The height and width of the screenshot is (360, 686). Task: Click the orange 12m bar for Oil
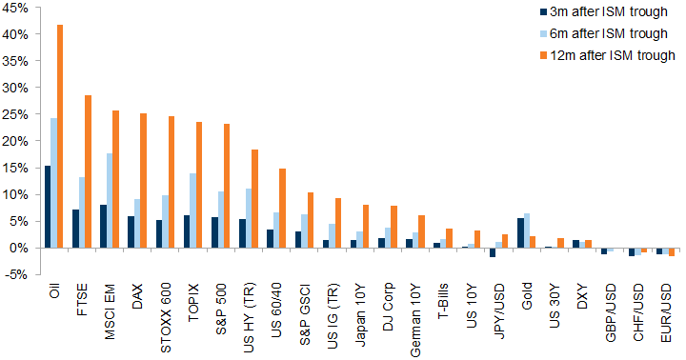tap(60, 136)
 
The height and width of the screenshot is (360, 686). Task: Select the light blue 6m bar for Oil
tap(53, 183)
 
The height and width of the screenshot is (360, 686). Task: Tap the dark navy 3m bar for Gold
tap(520, 233)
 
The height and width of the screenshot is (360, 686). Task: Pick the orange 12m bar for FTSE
tap(88, 171)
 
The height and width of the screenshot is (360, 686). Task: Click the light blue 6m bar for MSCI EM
tap(110, 201)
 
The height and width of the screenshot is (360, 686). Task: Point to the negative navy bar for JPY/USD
tap(493, 252)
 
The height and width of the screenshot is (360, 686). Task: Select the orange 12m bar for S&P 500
tap(227, 186)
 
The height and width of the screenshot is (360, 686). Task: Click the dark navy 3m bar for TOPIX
tap(187, 231)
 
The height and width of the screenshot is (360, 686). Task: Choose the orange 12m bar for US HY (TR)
tap(254, 199)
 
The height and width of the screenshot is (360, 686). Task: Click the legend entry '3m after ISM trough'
tap(604, 11)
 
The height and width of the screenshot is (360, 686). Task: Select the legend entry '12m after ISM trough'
tap(608, 55)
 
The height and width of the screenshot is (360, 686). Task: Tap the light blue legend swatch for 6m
tap(544, 34)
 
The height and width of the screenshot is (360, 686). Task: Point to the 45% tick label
tap(15, 8)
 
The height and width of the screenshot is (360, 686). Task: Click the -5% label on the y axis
tap(15, 275)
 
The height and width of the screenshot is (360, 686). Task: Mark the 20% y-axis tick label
tap(15, 141)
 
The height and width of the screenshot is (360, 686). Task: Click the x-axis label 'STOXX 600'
tap(166, 318)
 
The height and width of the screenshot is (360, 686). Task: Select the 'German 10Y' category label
tap(415, 320)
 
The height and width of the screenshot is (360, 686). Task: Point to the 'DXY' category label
tap(582, 296)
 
